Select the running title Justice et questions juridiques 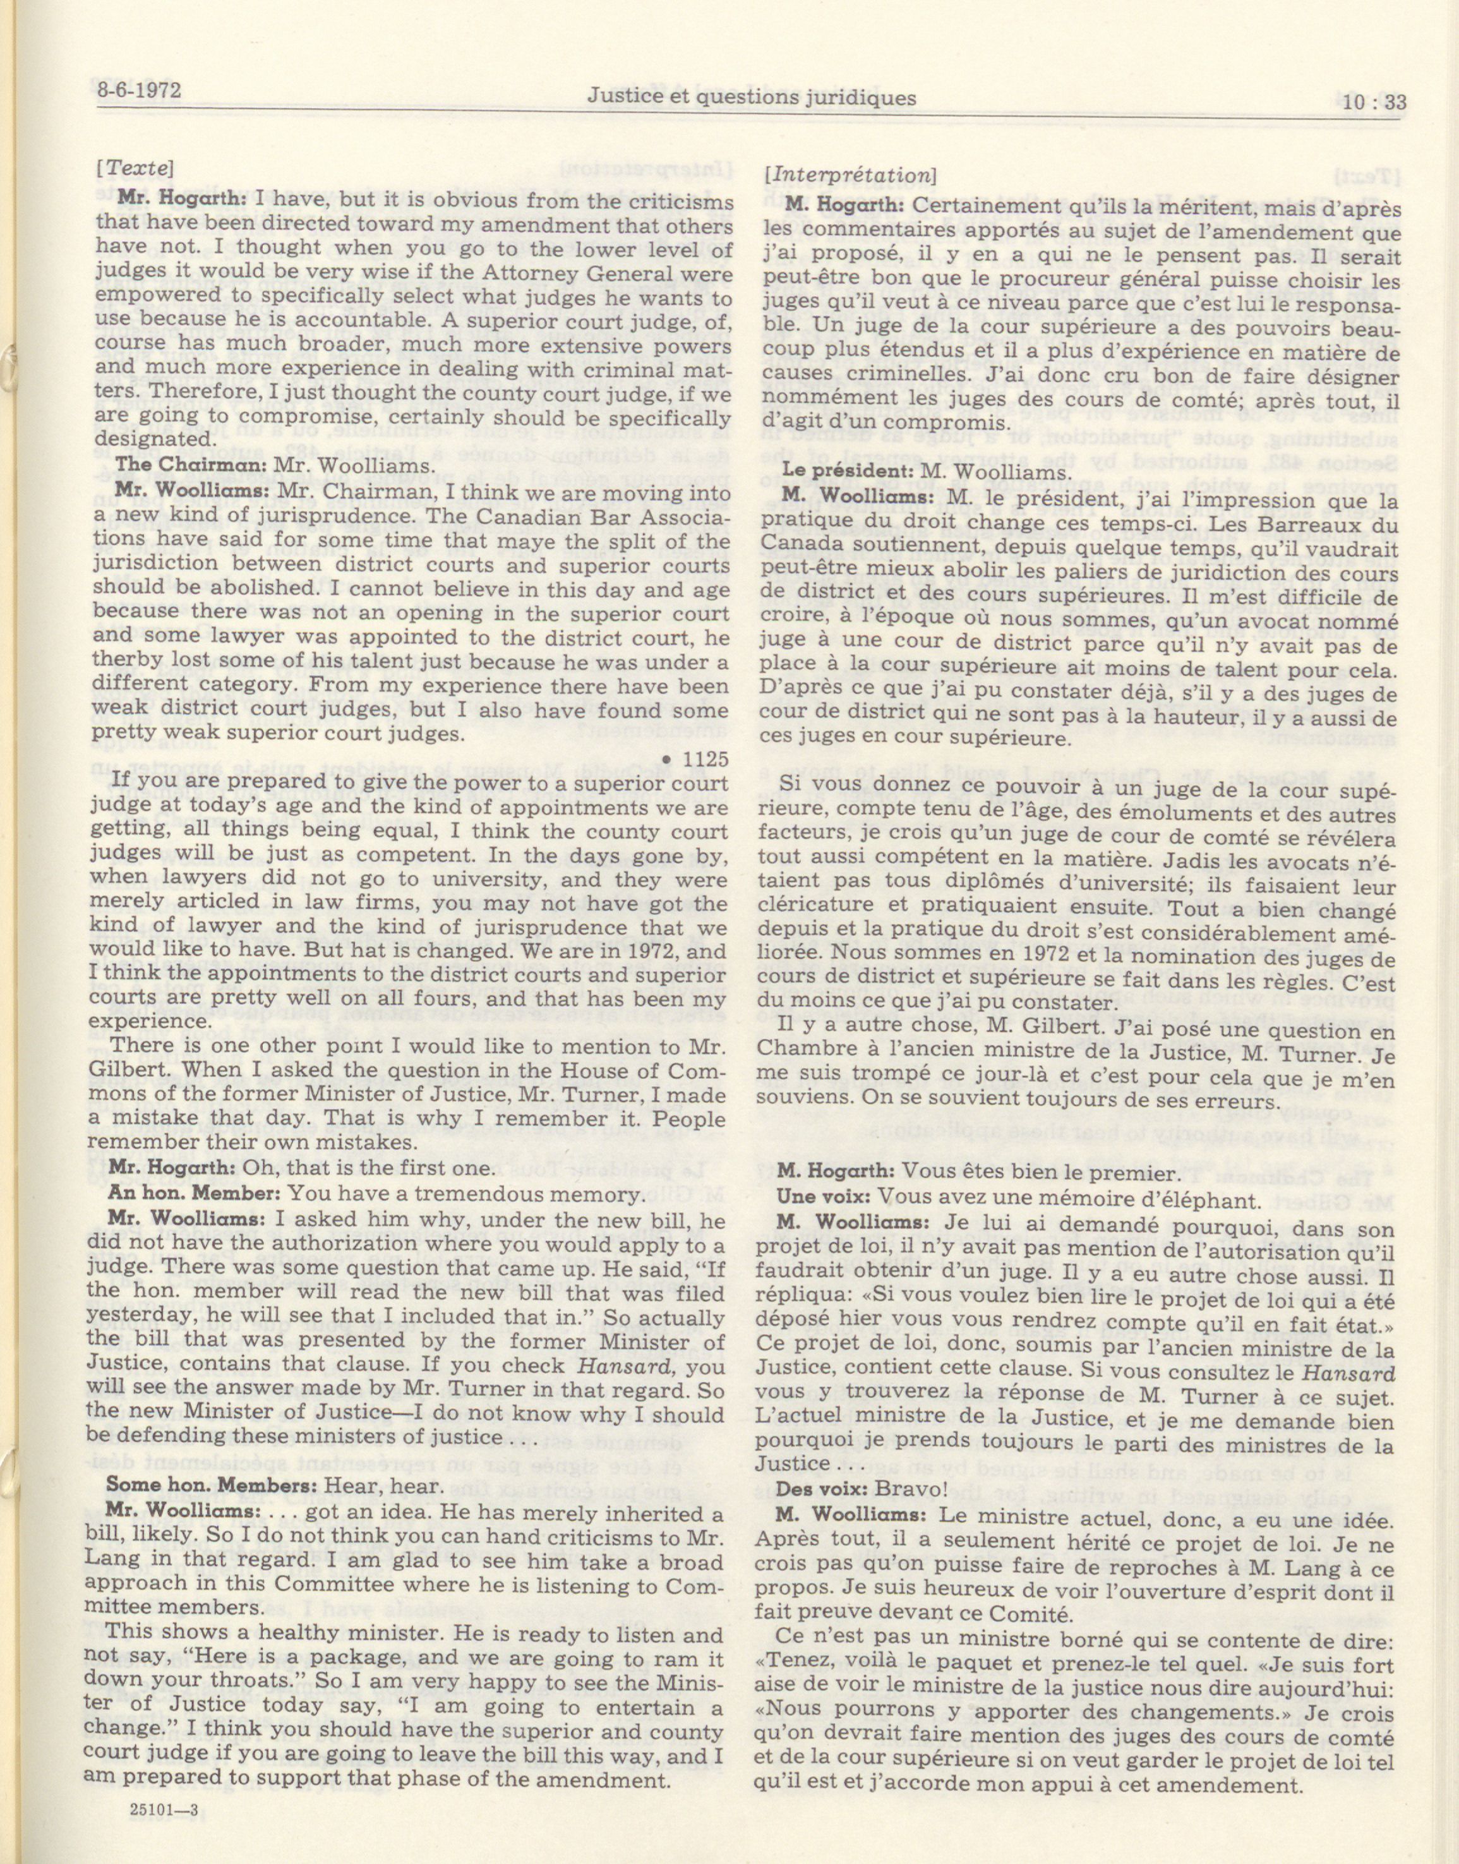pos(751,99)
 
